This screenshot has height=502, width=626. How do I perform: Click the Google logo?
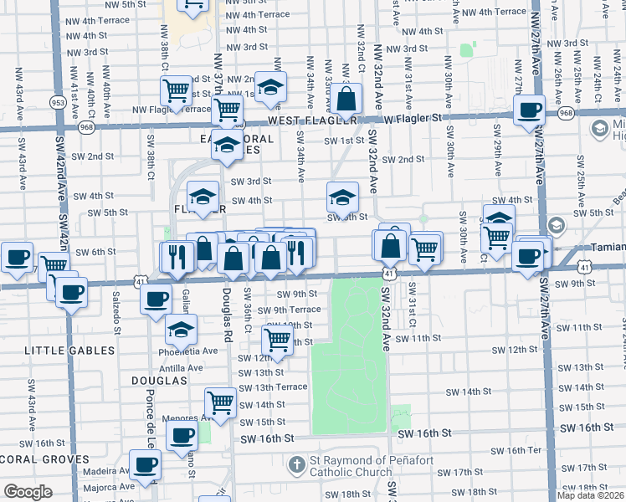coord(28,492)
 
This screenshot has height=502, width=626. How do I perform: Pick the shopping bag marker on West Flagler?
coord(346,100)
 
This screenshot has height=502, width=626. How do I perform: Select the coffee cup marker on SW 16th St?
coord(181,435)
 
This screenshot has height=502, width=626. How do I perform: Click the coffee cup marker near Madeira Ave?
coord(145,464)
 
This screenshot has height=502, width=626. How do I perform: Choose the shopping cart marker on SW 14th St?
coord(220,402)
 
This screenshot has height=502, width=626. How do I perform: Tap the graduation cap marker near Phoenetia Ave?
coord(181,329)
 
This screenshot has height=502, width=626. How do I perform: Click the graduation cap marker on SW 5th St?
coord(341,198)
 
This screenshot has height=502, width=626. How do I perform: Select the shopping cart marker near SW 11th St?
coord(277,340)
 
